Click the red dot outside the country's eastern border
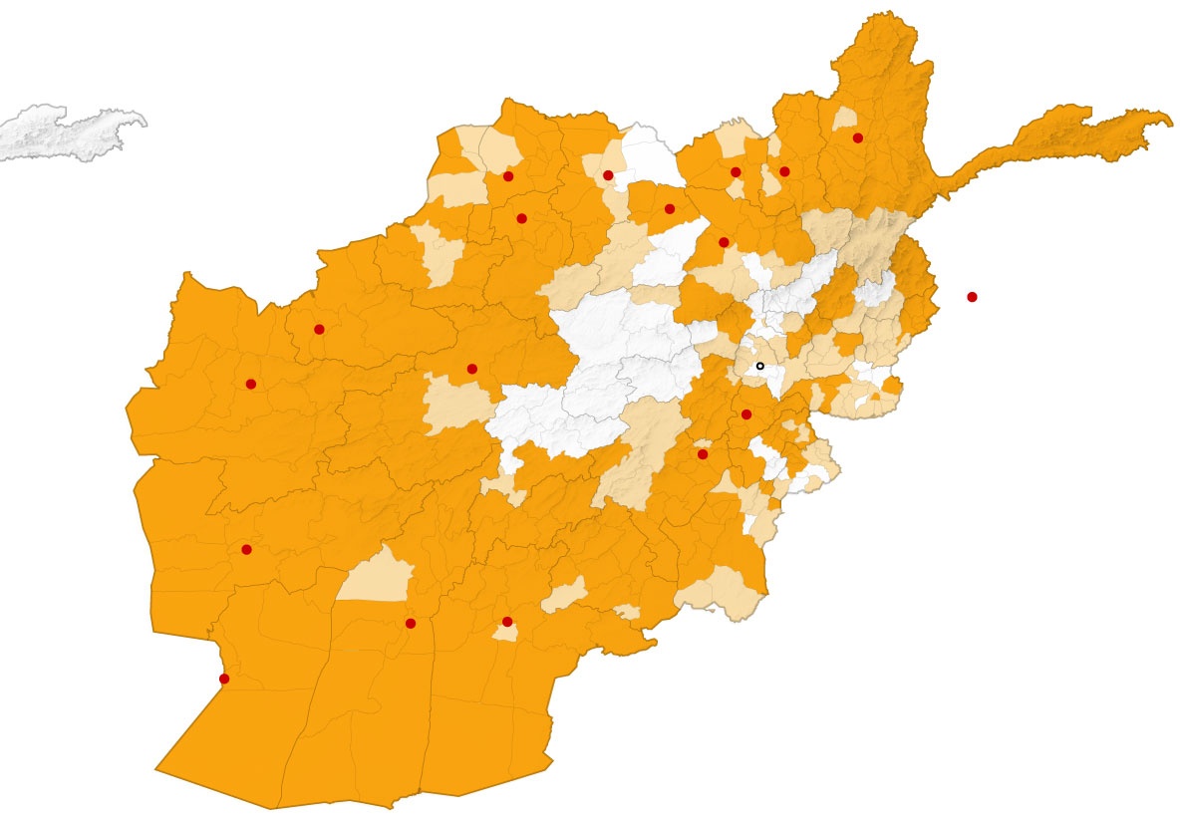(972, 297)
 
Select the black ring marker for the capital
(760, 367)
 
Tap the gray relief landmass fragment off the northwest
(70, 132)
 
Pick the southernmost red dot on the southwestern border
(224, 679)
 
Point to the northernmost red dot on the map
(858, 137)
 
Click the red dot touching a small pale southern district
(507, 622)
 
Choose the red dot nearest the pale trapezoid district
(411, 624)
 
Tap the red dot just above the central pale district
(472, 369)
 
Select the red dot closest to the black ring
(746, 414)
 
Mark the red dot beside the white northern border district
(608, 175)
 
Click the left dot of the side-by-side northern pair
(736, 172)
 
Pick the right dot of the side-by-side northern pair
(784, 171)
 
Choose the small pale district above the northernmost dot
(846, 119)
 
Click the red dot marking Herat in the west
(250, 384)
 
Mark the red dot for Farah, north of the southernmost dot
(246, 549)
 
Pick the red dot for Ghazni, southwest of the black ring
(703, 454)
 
